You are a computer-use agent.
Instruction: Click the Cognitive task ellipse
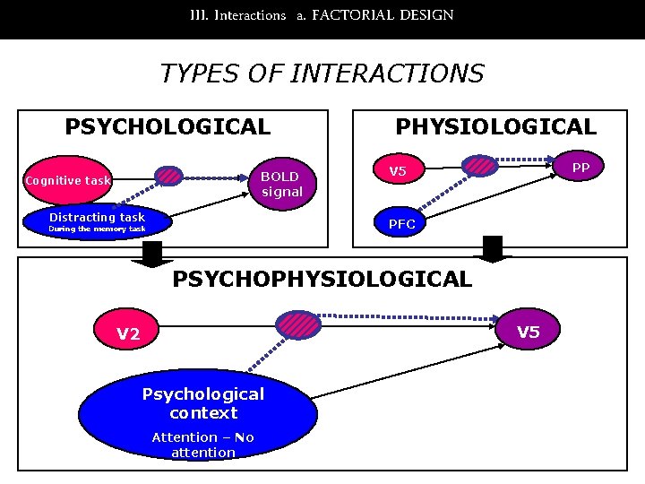(68, 181)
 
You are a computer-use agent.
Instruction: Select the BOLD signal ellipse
(281, 183)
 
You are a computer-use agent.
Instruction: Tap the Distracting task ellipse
(98, 221)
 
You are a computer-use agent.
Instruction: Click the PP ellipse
(580, 168)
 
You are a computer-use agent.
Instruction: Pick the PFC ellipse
(401, 224)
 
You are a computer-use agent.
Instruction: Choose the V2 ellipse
(129, 333)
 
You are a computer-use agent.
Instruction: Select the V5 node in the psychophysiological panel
(529, 333)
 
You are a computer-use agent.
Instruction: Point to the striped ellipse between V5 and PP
(482, 164)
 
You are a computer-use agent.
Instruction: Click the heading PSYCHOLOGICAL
(168, 126)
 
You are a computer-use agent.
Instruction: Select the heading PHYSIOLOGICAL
(495, 126)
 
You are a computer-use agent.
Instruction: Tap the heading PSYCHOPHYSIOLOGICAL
(322, 279)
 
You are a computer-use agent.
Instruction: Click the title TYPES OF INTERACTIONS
(322, 73)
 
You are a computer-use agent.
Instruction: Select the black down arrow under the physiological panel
(493, 249)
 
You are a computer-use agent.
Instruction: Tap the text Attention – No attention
(203, 445)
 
